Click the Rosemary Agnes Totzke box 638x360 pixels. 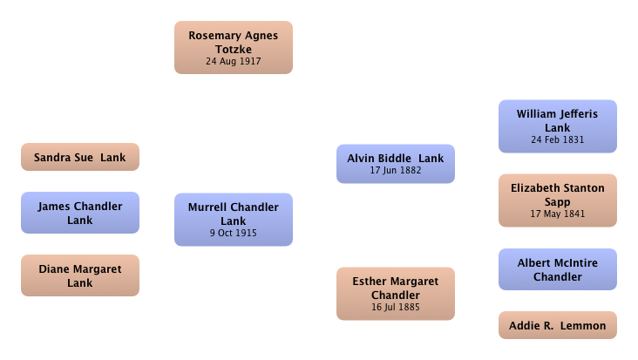(x=234, y=48)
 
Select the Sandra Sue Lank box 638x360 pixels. (x=80, y=157)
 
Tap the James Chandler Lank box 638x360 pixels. (x=80, y=213)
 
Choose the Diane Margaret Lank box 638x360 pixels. (x=80, y=275)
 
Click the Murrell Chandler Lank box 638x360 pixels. (x=234, y=220)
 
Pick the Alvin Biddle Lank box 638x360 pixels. (x=396, y=164)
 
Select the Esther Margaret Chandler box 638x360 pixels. (x=396, y=294)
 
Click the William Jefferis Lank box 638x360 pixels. (x=558, y=126)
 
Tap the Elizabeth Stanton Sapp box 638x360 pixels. (x=558, y=200)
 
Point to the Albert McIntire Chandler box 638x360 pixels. (x=558, y=269)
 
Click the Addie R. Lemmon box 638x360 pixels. (x=558, y=325)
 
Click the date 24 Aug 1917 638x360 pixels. (x=234, y=61)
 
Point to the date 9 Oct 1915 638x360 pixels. (x=234, y=233)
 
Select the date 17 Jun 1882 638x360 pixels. (x=396, y=171)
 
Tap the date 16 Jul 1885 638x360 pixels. (x=396, y=307)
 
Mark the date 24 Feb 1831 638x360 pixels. (x=558, y=140)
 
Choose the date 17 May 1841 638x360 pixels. (x=558, y=214)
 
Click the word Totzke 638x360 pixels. (x=234, y=49)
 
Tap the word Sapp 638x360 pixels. (x=558, y=202)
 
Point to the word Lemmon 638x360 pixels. (x=583, y=326)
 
